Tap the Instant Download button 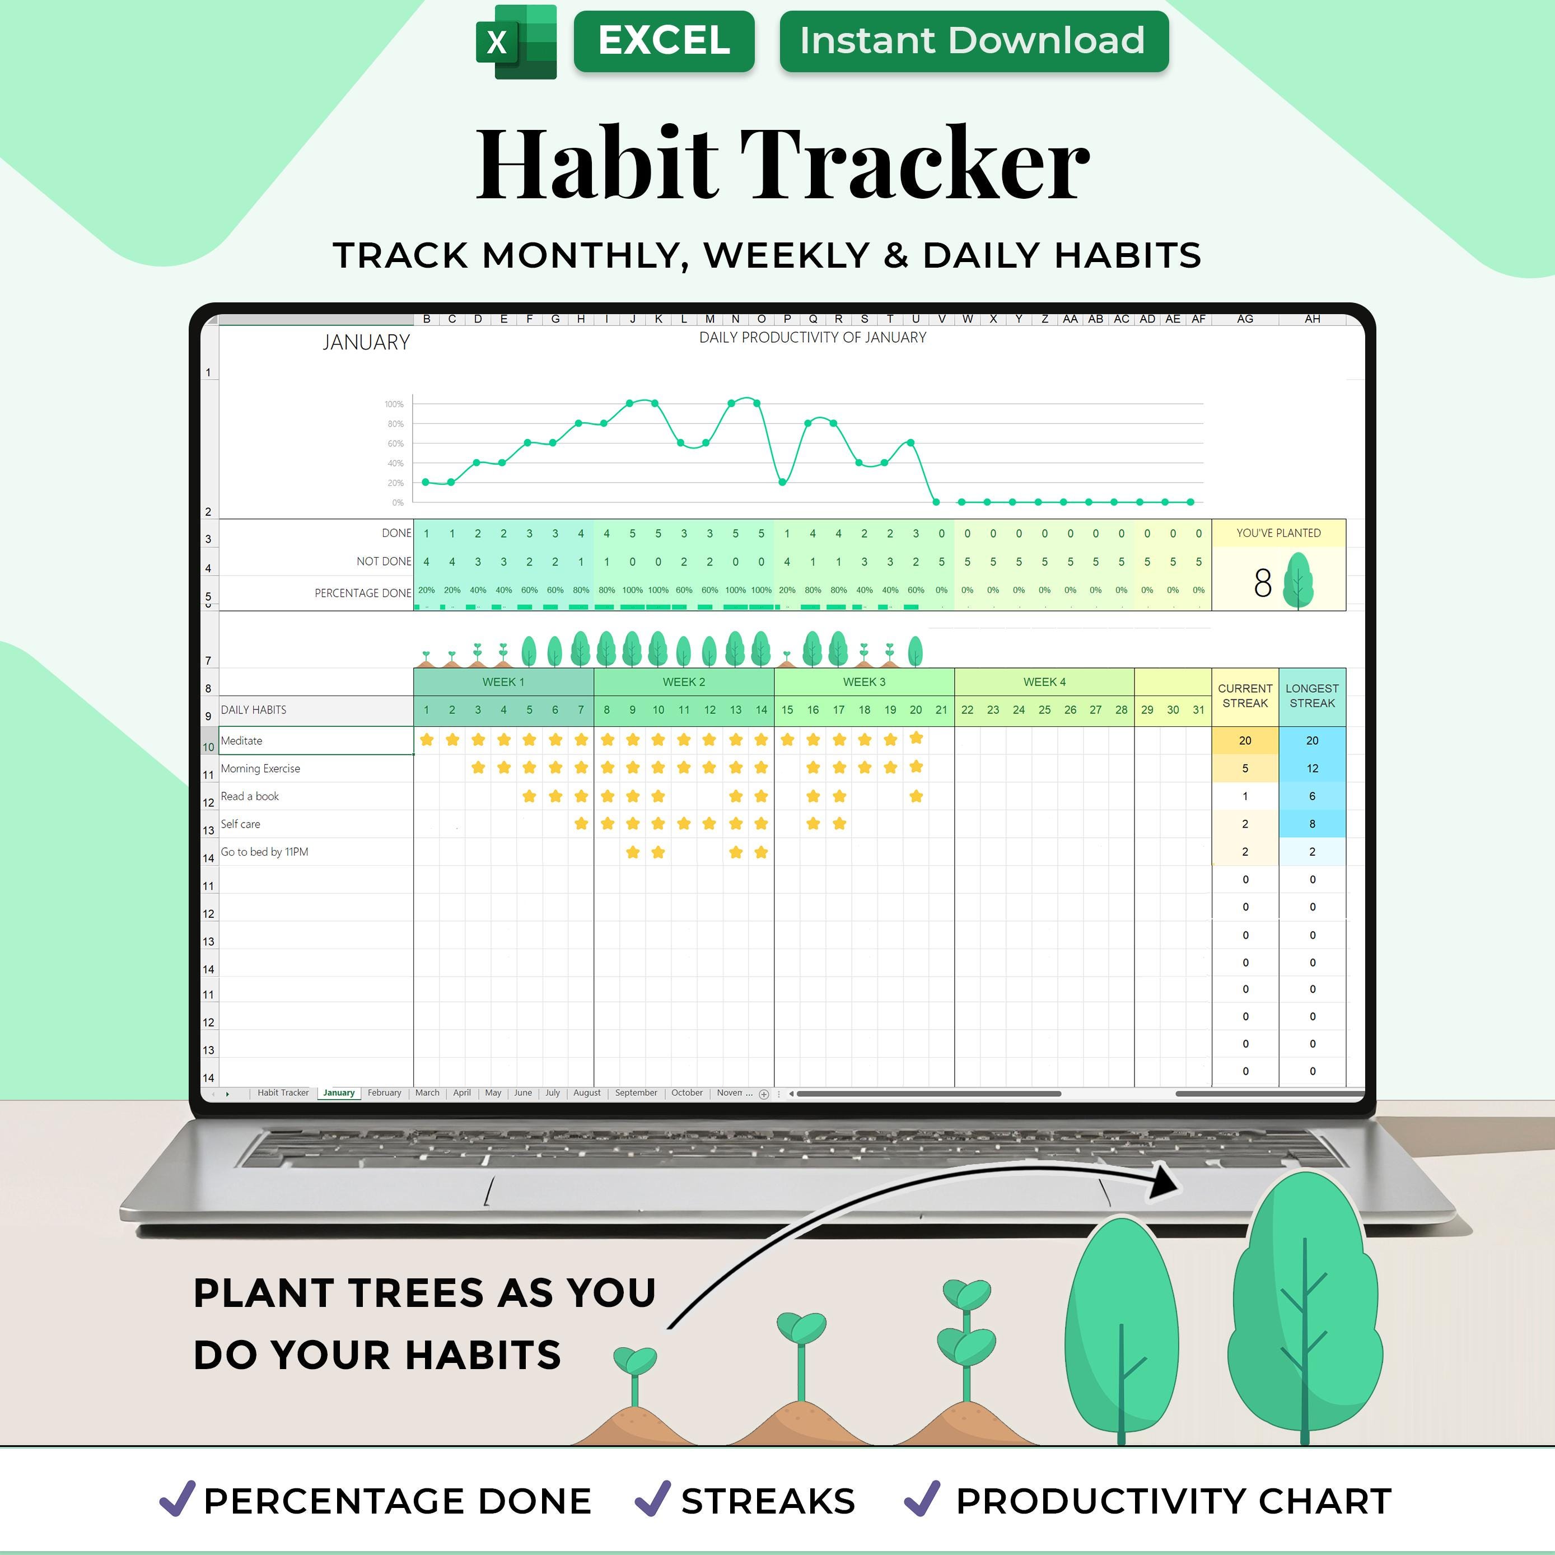coord(973,41)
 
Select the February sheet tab coord(384,1093)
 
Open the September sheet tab coord(636,1093)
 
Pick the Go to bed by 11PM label coord(265,852)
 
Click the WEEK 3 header coord(863,681)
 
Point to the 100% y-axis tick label coord(394,404)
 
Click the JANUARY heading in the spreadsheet coord(366,343)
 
